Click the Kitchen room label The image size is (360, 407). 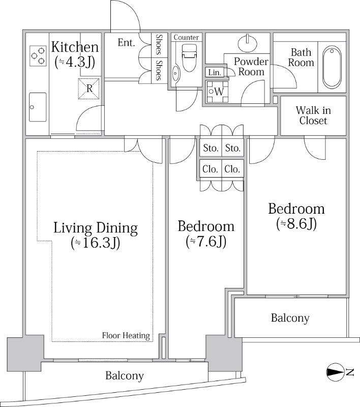75,47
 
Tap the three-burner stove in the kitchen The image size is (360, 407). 38,56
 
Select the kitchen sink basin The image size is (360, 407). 38,107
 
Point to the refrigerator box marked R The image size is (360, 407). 88,89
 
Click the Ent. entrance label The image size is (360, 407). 126,43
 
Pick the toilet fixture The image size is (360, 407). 189,57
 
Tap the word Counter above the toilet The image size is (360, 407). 186,37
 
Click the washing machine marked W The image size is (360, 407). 217,92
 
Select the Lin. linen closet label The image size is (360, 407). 215,72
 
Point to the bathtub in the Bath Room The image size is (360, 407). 332,67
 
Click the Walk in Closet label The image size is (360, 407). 313,115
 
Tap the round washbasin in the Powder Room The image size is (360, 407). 248,42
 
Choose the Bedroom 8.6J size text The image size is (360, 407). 296,224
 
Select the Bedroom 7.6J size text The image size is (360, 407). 206,242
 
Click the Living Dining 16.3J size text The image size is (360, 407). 96,243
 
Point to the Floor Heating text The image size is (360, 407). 126,336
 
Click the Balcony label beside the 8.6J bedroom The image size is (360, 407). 290,318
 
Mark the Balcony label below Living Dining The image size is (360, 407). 125,376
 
